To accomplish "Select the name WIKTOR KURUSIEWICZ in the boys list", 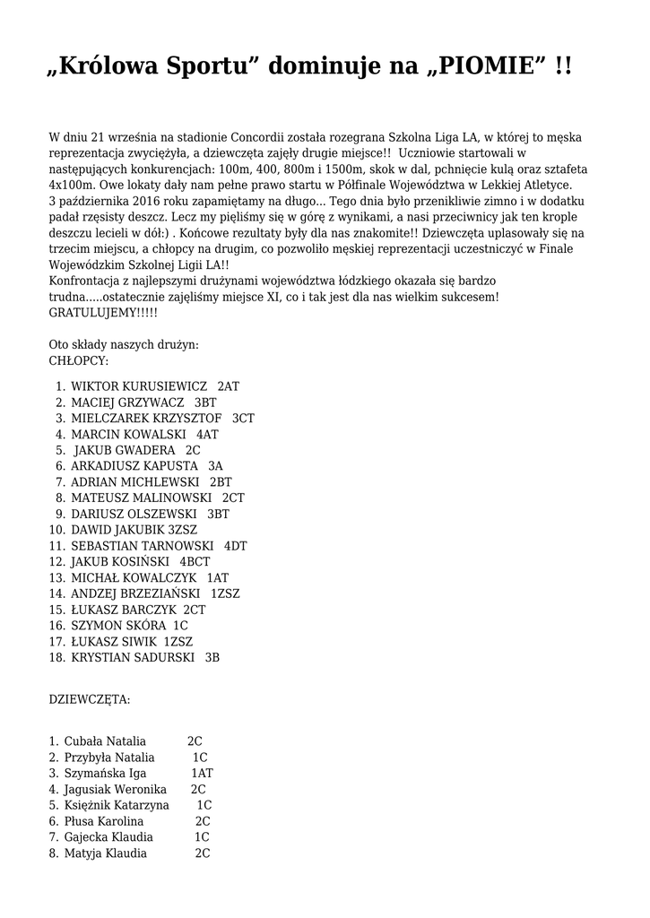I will click(139, 386).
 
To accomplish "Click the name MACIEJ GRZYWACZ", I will click(127, 403).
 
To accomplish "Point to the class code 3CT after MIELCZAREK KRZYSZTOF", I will click(243, 419).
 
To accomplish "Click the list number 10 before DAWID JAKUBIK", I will click(57, 530).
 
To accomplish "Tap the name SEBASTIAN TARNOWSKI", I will click(142, 546).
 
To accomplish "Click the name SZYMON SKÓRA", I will click(117, 626).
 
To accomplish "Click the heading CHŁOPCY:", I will click(79, 361).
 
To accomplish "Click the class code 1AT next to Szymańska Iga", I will click(203, 774).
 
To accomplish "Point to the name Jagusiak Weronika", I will click(116, 790).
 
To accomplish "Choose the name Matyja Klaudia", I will click(106, 853).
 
